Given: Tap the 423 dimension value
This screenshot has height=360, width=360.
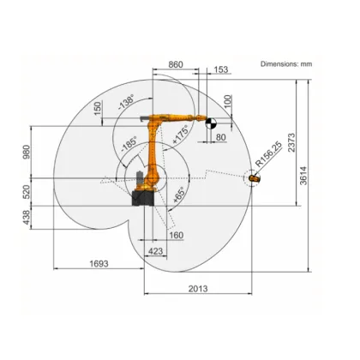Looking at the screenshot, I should [155, 251].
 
